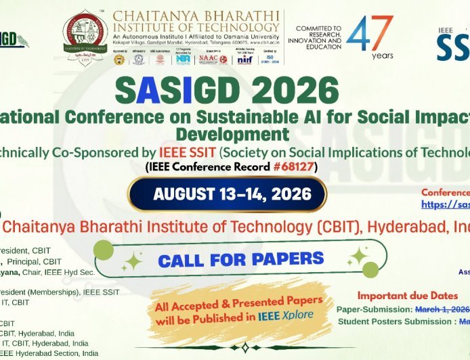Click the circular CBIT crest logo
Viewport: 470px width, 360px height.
click(x=86, y=33)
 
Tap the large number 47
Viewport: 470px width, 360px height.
click(x=370, y=34)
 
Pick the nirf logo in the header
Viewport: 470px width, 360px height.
click(x=245, y=59)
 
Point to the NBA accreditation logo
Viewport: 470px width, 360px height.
click(x=183, y=58)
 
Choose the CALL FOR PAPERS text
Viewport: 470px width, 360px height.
click(x=240, y=258)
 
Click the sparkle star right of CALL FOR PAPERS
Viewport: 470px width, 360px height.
click(x=358, y=256)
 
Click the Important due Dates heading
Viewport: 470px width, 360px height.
click(x=413, y=296)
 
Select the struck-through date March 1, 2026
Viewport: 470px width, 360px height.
click(x=444, y=309)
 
